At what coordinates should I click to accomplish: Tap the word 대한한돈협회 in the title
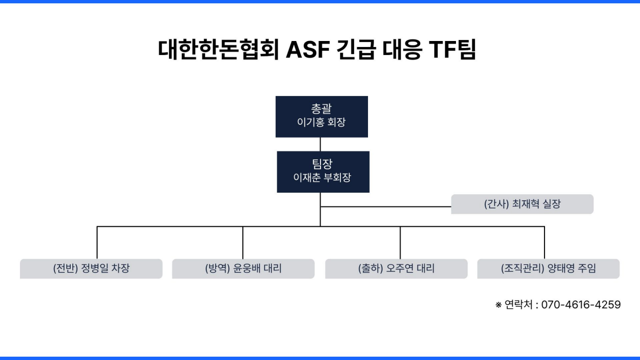pyautogui.click(x=219, y=50)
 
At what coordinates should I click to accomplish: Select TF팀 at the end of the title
pyautogui.click(x=452, y=50)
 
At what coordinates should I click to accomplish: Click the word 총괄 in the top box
pyautogui.click(x=322, y=110)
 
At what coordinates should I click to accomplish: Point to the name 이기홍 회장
pyautogui.click(x=322, y=123)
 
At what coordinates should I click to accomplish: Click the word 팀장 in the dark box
pyautogui.click(x=322, y=165)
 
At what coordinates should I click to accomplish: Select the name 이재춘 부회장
pyautogui.click(x=322, y=178)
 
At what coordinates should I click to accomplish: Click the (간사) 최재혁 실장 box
pyautogui.click(x=522, y=205)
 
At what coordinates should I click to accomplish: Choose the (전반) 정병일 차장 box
pyautogui.click(x=91, y=268)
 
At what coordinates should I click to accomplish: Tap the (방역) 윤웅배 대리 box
pyautogui.click(x=243, y=268)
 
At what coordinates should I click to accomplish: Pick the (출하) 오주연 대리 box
pyautogui.click(x=396, y=268)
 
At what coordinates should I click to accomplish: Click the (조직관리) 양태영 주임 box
pyautogui.click(x=548, y=268)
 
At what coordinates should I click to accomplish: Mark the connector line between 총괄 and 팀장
pyautogui.click(x=321, y=144)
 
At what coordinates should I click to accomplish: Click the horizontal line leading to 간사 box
pyautogui.click(x=386, y=206)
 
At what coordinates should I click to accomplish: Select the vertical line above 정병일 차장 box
pyautogui.click(x=97, y=243)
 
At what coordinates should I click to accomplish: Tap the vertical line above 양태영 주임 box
pyautogui.click(x=544, y=243)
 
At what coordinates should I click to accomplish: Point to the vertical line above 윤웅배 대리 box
pyautogui.click(x=243, y=243)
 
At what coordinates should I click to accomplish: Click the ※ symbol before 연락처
pyautogui.click(x=499, y=305)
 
